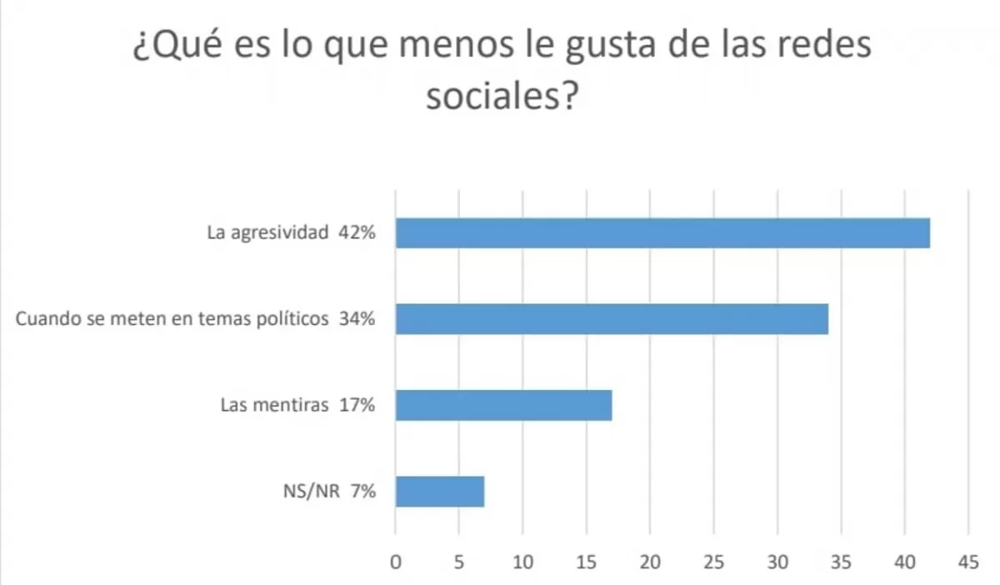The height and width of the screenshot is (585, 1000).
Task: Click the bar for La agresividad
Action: (662, 233)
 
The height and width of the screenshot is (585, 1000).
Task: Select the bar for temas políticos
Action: (612, 319)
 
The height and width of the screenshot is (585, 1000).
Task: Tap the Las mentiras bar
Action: (503, 405)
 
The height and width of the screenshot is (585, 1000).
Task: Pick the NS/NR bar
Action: (440, 492)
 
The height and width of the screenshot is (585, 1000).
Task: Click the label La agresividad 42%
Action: (292, 233)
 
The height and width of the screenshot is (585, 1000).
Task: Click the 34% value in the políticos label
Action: (357, 319)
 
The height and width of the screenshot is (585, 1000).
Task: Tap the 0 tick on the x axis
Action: (396, 562)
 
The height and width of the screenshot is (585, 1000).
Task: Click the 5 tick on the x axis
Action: (459, 562)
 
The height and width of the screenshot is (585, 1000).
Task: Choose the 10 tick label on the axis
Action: (522, 562)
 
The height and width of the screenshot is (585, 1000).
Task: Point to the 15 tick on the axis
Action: (587, 562)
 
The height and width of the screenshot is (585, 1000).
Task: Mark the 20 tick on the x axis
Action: (650, 562)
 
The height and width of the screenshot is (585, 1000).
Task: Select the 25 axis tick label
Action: (713, 562)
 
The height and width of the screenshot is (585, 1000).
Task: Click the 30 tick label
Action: (777, 562)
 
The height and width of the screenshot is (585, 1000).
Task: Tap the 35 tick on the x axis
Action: (841, 562)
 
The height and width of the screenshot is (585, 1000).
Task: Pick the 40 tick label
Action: (904, 562)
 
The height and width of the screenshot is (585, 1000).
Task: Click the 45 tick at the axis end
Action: (968, 562)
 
